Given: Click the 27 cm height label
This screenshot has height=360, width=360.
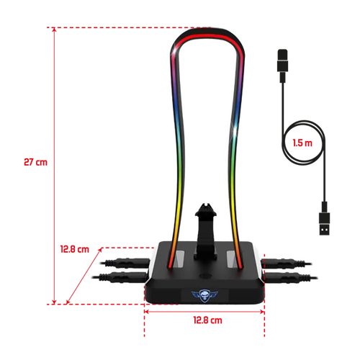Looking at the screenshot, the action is click(35, 162).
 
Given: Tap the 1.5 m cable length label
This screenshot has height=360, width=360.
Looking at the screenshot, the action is click(302, 143).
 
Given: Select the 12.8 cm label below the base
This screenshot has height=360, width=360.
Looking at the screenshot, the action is click(208, 320).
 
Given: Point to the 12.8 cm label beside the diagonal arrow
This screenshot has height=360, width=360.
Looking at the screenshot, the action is click(75, 249).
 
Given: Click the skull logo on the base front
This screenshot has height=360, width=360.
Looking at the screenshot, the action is click(204, 295).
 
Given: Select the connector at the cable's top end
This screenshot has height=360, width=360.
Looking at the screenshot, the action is click(282, 66).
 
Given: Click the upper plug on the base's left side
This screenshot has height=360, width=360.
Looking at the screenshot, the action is click(125, 263).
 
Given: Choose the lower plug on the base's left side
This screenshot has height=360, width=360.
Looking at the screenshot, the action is click(120, 277).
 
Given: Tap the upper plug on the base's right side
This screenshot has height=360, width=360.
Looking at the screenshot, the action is click(287, 264).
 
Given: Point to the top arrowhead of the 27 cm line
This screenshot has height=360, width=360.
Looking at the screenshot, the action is click(54, 30).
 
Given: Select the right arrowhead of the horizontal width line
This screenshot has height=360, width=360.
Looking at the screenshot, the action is click(262, 312).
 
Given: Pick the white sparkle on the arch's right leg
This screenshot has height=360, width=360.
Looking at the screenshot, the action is click(235, 127).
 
